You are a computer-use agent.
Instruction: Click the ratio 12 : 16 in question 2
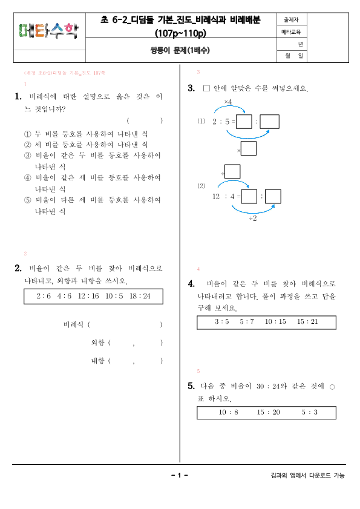point(88,297)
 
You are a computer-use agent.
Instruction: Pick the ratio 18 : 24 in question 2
point(139,297)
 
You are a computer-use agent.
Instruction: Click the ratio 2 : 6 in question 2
point(44,297)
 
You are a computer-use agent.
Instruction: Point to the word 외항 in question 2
point(97,343)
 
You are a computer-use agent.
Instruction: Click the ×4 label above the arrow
point(228,101)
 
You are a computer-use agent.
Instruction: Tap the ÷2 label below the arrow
point(253,218)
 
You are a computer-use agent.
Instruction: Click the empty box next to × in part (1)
point(249,148)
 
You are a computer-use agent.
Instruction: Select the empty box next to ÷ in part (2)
point(232,172)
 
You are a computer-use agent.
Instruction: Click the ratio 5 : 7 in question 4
point(247,321)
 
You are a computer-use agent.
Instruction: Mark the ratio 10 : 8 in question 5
point(229,412)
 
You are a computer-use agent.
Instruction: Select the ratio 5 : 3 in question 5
point(310,412)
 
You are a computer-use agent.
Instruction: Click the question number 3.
point(191,89)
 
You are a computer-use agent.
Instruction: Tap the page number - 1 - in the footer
point(180,476)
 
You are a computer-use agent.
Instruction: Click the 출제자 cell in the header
point(292,19)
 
